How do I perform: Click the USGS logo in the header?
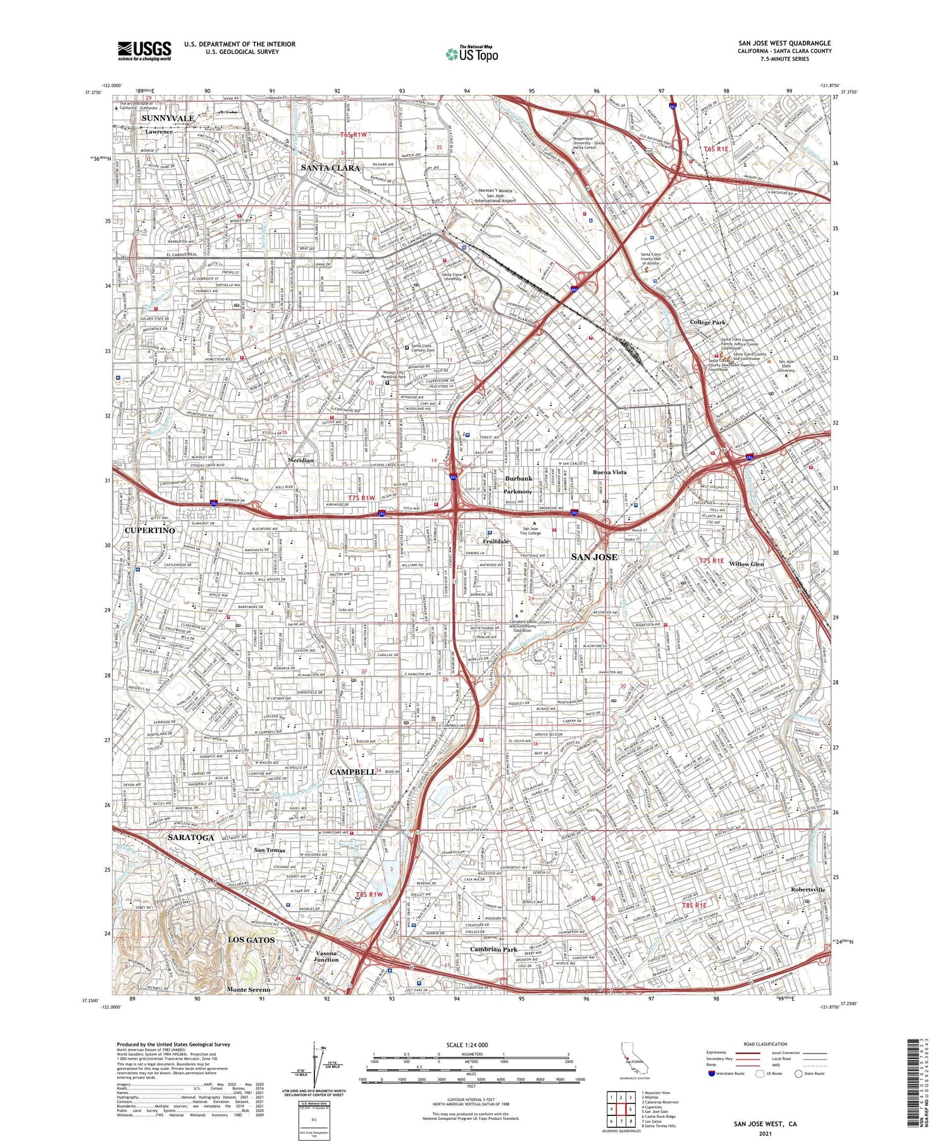pyautogui.click(x=144, y=51)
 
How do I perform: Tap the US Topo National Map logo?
pyautogui.click(x=471, y=54)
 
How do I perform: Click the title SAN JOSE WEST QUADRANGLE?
pyautogui.click(x=784, y=44)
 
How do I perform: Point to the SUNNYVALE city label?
pyautogui.click(x=168, y=118)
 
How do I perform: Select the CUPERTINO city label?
pyautogui.click(x=149, y=530)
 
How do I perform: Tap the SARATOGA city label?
pyautogui.click(x=191, y=837)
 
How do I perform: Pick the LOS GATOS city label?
pyautogui.click(x=251, y=940)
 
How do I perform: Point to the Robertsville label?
pyautogui.click(x=808, y=890)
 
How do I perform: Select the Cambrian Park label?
pyautogui.click(x=493, y=950)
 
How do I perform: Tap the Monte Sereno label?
pyautogui.click(x=248, y=989)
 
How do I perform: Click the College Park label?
pyautogui.click(x=707, y=322)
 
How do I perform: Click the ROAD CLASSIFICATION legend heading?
pyautogui.click(x=766, y=1045)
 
